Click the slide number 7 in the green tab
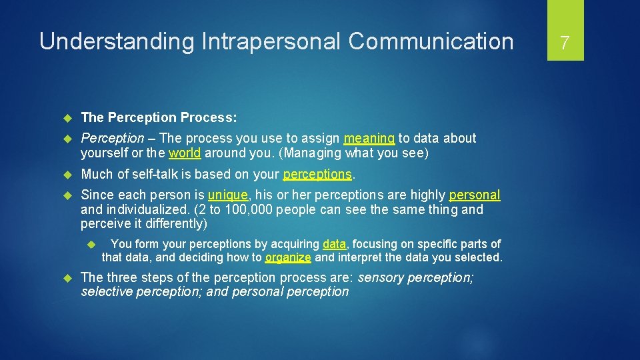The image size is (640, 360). click(565, 43)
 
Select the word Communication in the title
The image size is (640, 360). click(431, 42)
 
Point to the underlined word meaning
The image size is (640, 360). click(369, 139)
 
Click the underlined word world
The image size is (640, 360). click(185, 153)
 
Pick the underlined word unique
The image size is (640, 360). click(227, 195)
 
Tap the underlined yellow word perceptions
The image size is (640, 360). click(317, 175)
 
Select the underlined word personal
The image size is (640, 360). click(474, 195)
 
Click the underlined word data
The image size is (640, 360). click(335, 244)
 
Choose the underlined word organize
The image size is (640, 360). click(288, 257)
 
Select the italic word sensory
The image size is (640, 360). click(381, 277)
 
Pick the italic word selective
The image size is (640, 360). click(107, 292)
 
